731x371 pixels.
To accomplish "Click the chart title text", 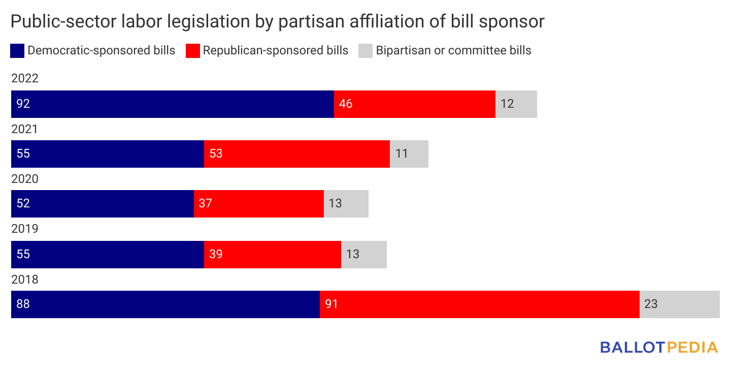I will pos(277,21).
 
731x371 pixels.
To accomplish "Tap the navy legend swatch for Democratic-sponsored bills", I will pos(17,51).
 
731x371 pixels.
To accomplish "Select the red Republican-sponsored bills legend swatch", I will pos(193,51).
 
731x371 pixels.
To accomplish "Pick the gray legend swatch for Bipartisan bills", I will pos(365,51).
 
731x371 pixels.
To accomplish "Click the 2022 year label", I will pos(25,79).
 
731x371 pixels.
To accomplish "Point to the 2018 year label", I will pos(25,279).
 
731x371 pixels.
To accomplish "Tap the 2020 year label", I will pos(25,179).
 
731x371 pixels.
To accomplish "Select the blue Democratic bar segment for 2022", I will pos(173,104).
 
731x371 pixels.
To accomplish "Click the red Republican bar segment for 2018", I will pos(479,304).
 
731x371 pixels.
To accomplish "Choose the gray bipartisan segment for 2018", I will pos(679,304).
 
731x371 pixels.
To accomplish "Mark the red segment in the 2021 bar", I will pos(296,154).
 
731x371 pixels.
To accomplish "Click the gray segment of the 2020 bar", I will pos(346,204).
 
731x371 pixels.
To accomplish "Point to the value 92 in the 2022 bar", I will pos(23,104).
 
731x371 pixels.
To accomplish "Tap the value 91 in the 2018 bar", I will pos(331,304).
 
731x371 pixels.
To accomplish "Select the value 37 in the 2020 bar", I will pos(206,204).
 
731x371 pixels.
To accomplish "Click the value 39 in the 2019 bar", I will pos(216,254).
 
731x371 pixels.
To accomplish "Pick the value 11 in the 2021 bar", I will pos(402,154).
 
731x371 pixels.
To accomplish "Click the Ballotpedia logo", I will pos(659,347).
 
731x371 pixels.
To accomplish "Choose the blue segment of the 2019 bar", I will pos(108,254).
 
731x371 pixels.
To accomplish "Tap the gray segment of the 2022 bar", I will pos(516,104).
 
